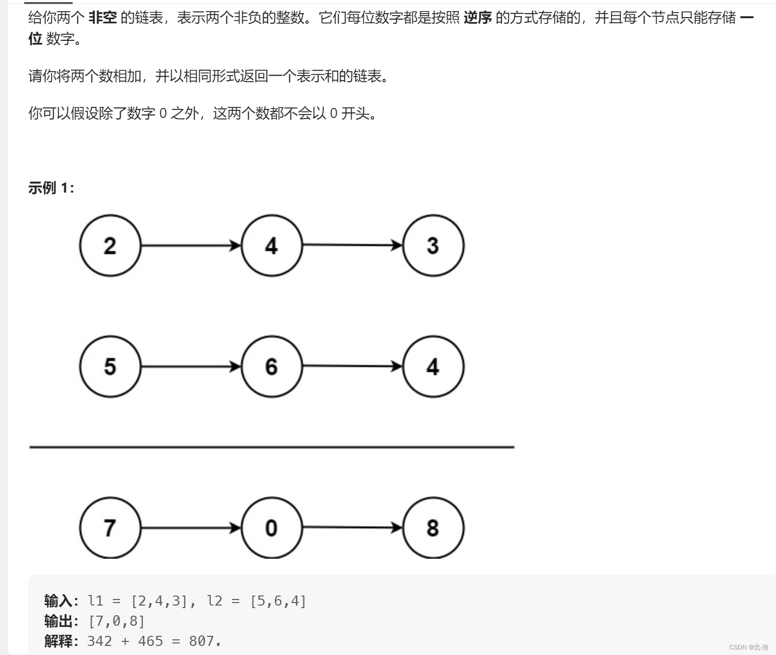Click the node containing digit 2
110,246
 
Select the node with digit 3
433,246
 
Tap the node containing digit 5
110,367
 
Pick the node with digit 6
271,367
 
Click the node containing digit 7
110,528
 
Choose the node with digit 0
271,528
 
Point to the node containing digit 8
433,528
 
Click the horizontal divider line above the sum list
271,447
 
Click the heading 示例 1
51,188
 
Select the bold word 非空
102,18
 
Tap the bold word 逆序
477,18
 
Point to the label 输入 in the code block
59,601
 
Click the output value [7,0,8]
117,621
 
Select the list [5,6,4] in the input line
278,601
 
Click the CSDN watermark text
748,647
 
